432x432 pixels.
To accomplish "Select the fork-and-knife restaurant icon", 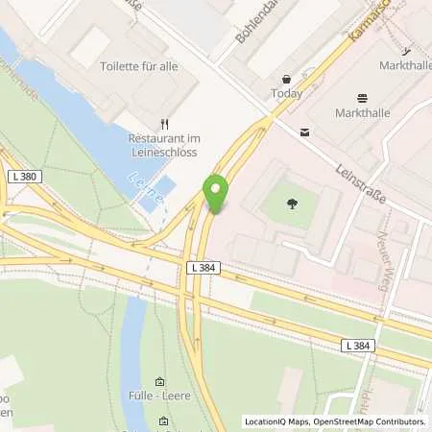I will [x=164, y=123].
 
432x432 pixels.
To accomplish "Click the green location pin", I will [x=217, y=193].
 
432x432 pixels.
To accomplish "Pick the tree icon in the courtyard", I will [x=290, y=202].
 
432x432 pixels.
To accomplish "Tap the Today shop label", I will [x=287, y=94].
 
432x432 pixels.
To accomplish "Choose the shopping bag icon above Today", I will [x=286, y=78].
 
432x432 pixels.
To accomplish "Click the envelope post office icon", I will [x=304, y=132].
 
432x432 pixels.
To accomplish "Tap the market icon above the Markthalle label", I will [x=362, y=98].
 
